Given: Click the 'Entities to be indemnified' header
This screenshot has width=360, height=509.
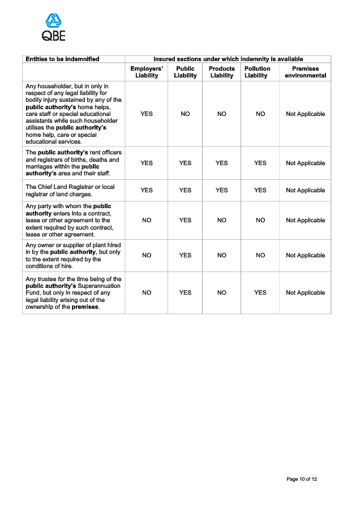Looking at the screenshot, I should pos(62,59).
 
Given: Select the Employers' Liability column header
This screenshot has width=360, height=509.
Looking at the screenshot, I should pos(147,72).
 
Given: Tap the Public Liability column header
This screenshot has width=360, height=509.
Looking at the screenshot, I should pos(185,72).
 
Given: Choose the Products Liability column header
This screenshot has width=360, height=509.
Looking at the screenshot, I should pos(222,72).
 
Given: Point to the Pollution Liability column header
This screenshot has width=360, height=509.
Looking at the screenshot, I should pos(258,72).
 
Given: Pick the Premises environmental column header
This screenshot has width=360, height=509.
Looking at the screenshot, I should pos(305,72).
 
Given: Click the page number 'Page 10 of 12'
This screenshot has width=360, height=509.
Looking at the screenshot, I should pos(302,479).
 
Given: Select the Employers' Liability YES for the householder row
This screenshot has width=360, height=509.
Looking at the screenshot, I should pos(147,114).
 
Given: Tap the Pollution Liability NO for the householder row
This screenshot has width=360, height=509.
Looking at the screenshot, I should pos(260,114).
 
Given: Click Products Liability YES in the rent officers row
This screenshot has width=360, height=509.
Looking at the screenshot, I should pos(222,163).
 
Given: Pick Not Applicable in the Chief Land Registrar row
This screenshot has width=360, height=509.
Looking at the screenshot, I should pos(305,190).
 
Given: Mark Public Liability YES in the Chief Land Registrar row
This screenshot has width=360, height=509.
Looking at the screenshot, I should pos(185,190).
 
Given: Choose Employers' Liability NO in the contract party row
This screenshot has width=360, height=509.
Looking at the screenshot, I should pos(147,220).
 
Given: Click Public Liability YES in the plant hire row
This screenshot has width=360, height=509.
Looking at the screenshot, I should pos(185,255).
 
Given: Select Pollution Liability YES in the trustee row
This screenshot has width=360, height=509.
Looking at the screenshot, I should pos(260,292).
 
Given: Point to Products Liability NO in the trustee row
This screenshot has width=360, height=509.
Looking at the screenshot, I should pos(222,292).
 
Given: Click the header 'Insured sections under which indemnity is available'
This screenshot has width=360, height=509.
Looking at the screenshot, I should pos(228,59).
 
